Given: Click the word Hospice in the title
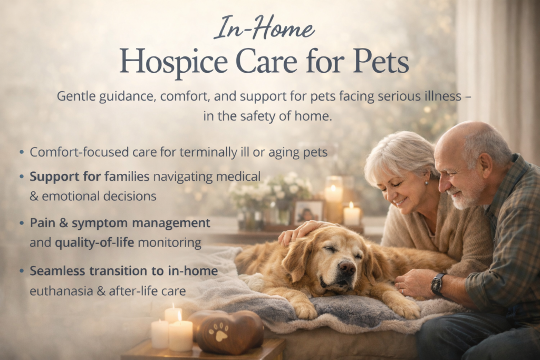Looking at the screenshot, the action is click(173, 62).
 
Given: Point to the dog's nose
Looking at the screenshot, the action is click(347, 267).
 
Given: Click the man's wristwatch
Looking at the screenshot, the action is click(438, 284).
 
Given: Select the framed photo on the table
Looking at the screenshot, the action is click(308, 212).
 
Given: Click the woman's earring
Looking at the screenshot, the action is click(426, 183).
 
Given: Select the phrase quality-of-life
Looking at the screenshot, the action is click(94, 243).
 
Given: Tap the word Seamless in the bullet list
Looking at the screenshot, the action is click(57, 271).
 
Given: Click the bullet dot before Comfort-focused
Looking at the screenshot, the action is click(22, 152).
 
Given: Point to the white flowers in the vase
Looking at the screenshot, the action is click(268, 189).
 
